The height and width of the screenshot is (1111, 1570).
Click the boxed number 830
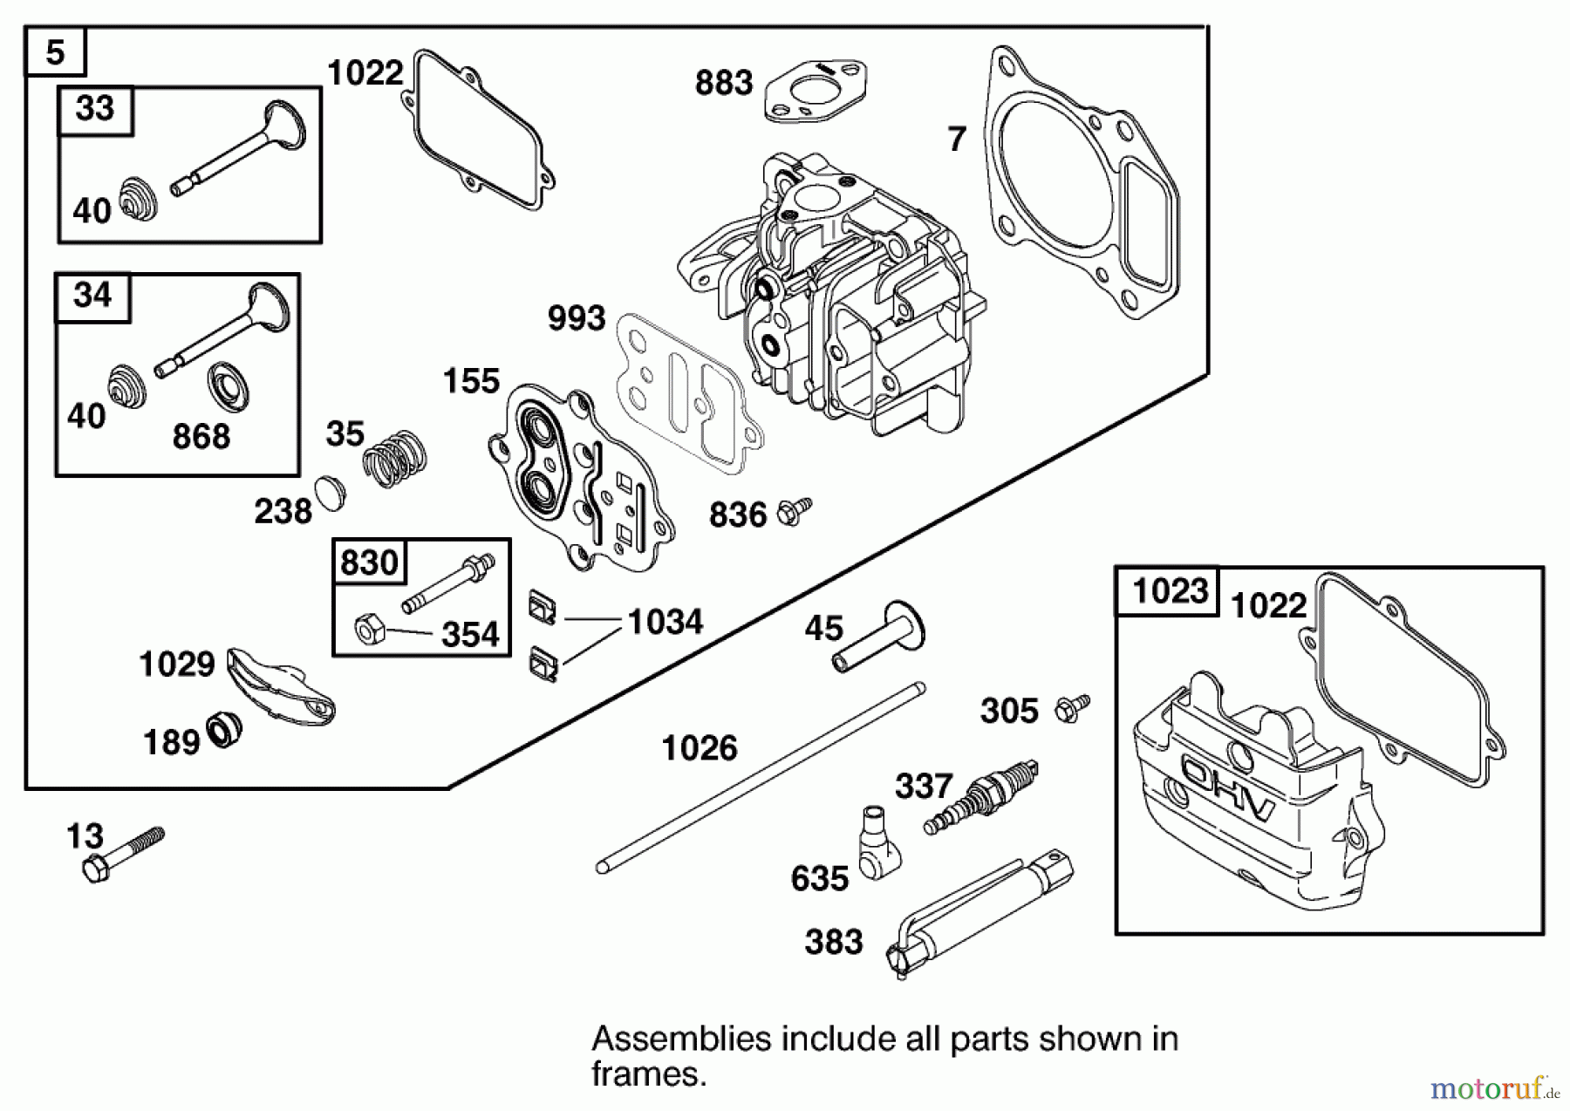(x=369, y=562)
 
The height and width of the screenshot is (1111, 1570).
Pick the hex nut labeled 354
(x=368, y=628)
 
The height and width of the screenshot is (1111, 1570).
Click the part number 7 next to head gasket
(x=957, y=140)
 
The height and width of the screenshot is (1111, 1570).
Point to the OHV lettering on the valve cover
(x=1228, y=790)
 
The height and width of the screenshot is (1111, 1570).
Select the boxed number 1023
(x=1169, y=592)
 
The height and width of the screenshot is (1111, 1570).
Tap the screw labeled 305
(x=1071, y=708)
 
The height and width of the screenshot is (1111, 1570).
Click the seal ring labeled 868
(x=229, y=386)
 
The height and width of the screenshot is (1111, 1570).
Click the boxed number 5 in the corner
(x=55, y=52)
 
